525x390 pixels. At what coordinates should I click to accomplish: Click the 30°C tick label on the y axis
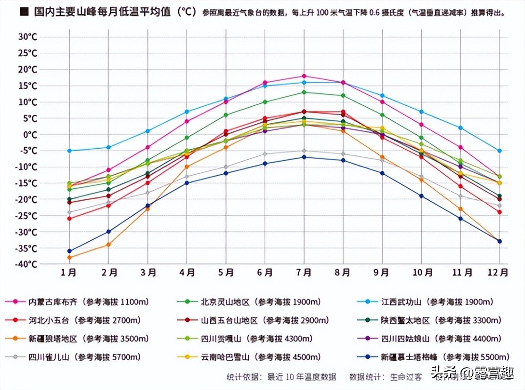[28, 37]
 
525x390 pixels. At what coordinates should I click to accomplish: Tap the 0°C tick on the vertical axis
[30, 135]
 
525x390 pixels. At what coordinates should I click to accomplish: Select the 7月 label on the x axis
[304, 272]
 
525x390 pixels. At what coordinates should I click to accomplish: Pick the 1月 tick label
[69, 272]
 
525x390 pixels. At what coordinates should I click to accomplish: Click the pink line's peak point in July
[304, 76]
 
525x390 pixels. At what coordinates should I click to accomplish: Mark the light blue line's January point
[70, 151]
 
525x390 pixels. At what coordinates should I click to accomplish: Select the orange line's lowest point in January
[70, 258]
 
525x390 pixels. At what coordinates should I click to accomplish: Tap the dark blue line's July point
[304, 157]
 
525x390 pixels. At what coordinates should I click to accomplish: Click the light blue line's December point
[500, 151]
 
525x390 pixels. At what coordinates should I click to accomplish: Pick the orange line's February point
[108, 245]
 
